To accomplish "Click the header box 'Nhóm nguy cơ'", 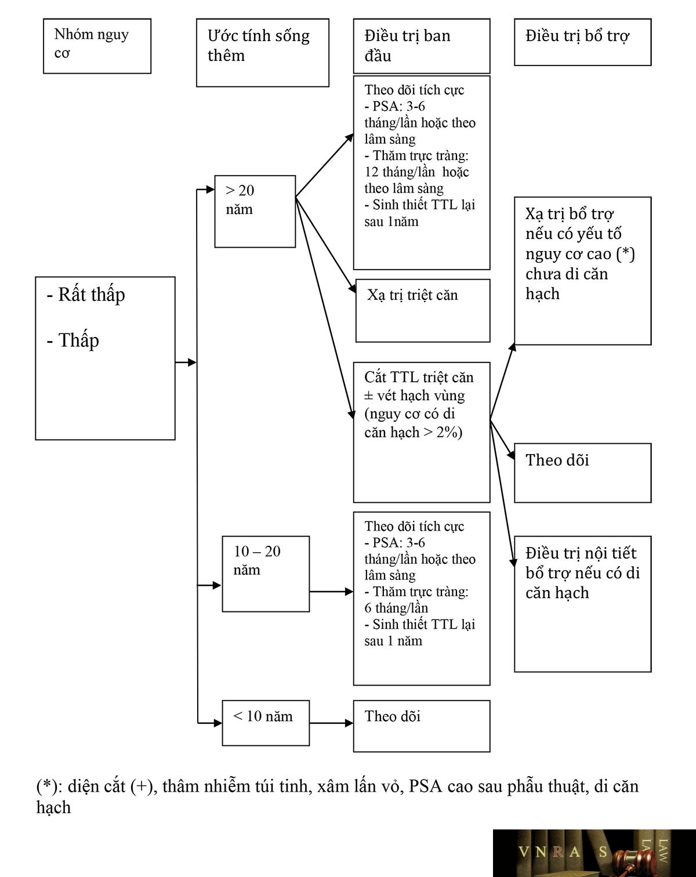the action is tap(97, 46).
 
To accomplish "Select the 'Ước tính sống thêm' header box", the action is tap(262, 53).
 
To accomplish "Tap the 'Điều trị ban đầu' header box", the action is tap(421, 46).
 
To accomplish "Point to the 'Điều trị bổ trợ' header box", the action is tap(583, 42).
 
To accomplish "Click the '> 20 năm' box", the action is tap(255, 212).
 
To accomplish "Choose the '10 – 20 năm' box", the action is tap(266, 574).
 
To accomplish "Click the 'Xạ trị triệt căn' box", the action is tap(423, 310).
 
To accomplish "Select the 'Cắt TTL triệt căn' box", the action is tap(421, 432).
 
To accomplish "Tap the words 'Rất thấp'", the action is tap(91, 294).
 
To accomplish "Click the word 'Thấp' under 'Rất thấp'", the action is tap(79, 340).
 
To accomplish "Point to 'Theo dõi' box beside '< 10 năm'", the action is tap(421, 726).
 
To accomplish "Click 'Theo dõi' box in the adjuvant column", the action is tap(583, 473).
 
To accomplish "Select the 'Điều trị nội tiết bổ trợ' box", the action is tap(583, 604).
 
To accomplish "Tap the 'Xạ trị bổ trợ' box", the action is tap(583, 271).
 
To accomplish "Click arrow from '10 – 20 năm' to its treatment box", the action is tap(331, 591).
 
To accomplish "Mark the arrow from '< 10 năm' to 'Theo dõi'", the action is tap(331, 723).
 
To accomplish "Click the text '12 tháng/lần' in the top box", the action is tap(400, 172).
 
